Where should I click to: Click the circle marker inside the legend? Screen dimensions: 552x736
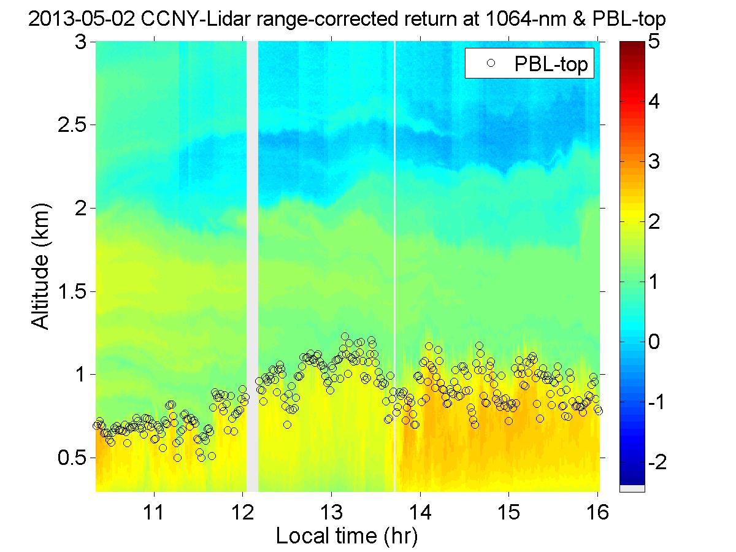[x=490, y=64]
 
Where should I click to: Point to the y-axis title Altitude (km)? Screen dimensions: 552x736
[x=41, y=267]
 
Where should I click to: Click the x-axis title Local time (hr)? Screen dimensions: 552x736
[x=347, y=536]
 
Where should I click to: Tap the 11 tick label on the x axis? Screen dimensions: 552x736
[x=154, y=511]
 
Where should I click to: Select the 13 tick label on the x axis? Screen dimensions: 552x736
[x=331, y=511]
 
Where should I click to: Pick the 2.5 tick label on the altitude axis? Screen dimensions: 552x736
[x=72, y=125]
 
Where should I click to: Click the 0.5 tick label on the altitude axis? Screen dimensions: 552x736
[x=72, y=458]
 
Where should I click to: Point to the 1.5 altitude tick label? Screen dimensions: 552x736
[x=72, y=291]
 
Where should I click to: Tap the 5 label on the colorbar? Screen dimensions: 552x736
[x=656, y=42]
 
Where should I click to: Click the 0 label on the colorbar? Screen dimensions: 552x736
[x=656, y=342]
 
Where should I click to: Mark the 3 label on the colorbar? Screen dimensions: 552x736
[x=656, y=162]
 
